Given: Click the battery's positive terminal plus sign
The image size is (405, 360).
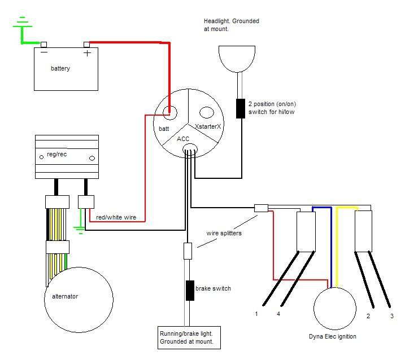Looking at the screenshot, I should click(x=88, y=54).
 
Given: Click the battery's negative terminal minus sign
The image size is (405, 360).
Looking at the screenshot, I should click(x=44, y=53).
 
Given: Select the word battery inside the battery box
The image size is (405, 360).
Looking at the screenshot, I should click(x=60, y=69).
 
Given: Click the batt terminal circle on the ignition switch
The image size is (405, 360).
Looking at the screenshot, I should click(x=169, y=111).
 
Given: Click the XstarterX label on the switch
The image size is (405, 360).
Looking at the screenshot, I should click(x=208, y=126).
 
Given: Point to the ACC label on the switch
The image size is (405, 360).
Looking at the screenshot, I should click(x=184, y=138).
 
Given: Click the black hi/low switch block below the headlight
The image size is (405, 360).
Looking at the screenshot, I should click(x=241, y=108).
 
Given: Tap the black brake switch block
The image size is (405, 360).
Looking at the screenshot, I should click(x=190, y=290).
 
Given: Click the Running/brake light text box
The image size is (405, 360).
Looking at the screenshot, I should click(x=189, y=337).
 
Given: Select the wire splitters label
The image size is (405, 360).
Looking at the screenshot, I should click(x=225, y=233).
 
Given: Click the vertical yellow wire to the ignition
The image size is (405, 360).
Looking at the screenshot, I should click(x=337, y=248).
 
